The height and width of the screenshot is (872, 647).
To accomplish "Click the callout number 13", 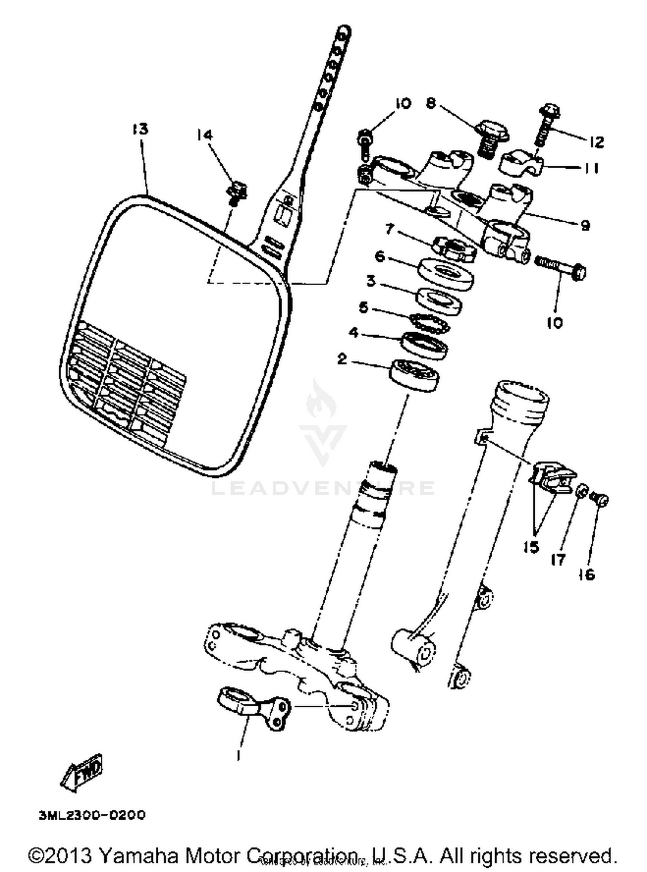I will (140, 129).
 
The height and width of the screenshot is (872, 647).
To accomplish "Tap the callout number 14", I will (204, 135).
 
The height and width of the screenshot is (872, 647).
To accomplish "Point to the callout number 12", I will (597, 142).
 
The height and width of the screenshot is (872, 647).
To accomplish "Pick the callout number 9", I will (585, 225).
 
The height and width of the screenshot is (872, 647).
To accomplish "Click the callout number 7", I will (389, 230).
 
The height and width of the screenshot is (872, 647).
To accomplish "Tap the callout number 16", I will (587, 575).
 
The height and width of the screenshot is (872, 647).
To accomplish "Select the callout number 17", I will (558, 560).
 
